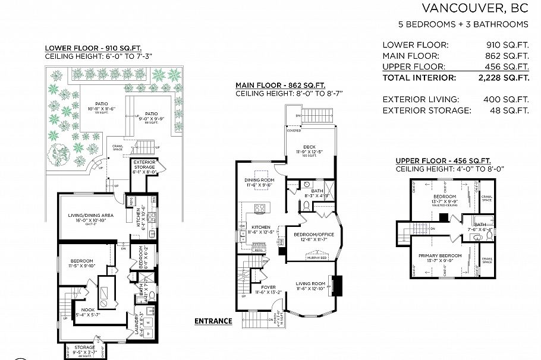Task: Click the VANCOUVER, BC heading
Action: pyautogui.click(x=475, y=8)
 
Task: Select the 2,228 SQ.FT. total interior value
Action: pyautogui.click(x=504, y=77)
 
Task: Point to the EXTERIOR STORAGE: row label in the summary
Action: pyautogui.click(x=426, y=110)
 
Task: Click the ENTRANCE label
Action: pyautogui.click(x=213, y=321)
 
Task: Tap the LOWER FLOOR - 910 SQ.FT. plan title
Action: pyautogui.click(x=93, y=48)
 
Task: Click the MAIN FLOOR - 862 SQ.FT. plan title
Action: pyautogui.click(x=280, y=85)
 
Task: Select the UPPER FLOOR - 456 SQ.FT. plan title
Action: pyautogui.click(x=443, y=160)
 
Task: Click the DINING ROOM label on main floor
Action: pyautogui.click(x=260, y=180)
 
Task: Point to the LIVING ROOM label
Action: pyautogui.click(x=311, y=283)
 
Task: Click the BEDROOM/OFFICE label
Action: pyautogui.click(x=314, y=235)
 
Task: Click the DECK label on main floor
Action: pyautogui.click(x=309, y=147)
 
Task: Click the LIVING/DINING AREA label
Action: pyautogui.click(x=83, y=215)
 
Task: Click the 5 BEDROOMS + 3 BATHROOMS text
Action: pyautogui.click(x=463, y=24)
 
